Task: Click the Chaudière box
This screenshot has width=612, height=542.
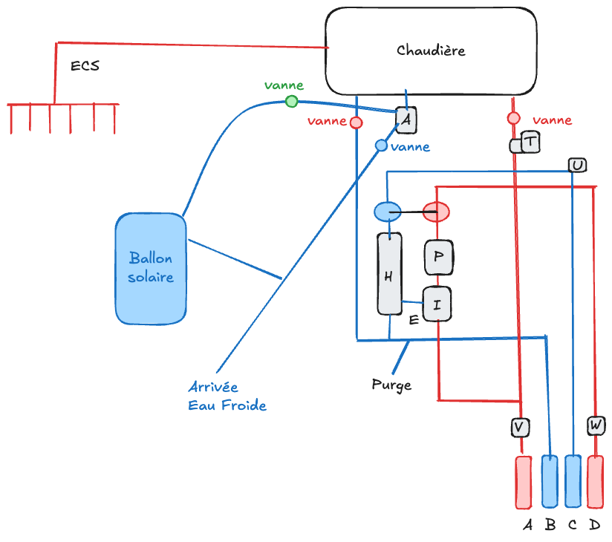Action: pos(431,50)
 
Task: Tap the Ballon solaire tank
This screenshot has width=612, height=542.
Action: pos(151,268)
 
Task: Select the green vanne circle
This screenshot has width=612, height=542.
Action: pos(292,101)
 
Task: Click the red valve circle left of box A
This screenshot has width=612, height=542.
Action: pos(356,122)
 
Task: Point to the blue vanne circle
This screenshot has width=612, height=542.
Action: pos(381,146)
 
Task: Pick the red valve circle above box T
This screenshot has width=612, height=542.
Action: pos(513,118)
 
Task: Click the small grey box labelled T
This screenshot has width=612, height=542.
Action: pos(531,141)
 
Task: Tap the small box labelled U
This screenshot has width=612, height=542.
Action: pos(577,165)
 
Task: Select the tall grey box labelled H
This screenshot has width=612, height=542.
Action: pos(389,273)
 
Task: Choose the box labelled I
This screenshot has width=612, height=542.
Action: pos(437,303)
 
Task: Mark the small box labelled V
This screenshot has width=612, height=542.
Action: pos(521,426)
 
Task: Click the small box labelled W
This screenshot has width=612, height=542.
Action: pos(596,425)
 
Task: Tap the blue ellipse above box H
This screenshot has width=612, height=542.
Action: pos(387,212)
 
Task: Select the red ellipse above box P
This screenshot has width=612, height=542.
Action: pos(436,212)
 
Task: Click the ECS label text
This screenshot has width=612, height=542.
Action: pos(85,66)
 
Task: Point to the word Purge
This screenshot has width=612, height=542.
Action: pos(391,385)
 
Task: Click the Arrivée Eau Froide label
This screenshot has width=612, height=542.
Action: pos(227,396)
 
